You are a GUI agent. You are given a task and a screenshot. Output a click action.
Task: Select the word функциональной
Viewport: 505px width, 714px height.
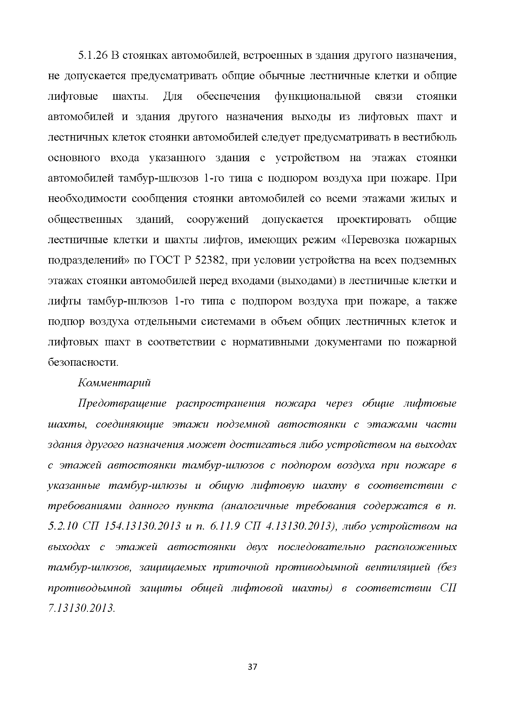pyautogui.click(x=318, y=96)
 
